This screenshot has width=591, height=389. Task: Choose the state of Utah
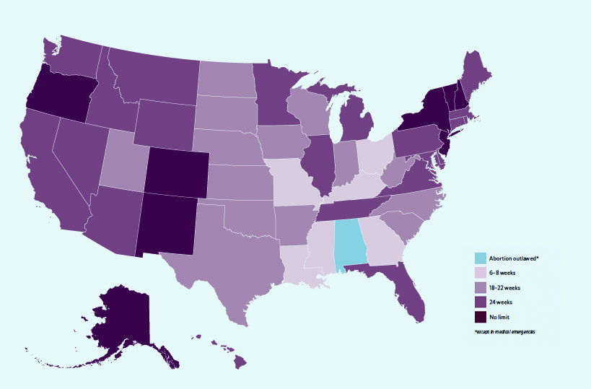click(x=124, y=160)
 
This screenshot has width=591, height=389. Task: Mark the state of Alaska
click(x=120, y=318)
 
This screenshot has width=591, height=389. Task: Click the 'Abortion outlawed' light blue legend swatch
click(x=480, y=258)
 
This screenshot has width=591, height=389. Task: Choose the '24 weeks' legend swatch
click(x=480, y=302)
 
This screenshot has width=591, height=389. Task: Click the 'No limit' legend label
click(x=502, y=317)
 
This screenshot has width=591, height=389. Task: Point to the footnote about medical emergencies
click(x=505, y=332)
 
